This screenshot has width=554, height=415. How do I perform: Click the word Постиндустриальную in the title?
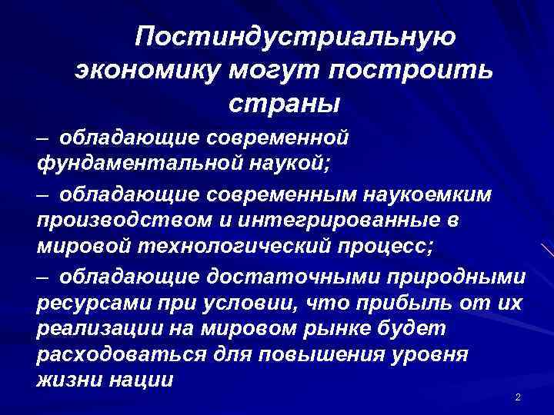[297, 38]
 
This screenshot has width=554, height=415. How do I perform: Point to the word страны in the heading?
[283, 102]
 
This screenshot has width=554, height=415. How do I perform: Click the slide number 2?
[518, 397]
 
